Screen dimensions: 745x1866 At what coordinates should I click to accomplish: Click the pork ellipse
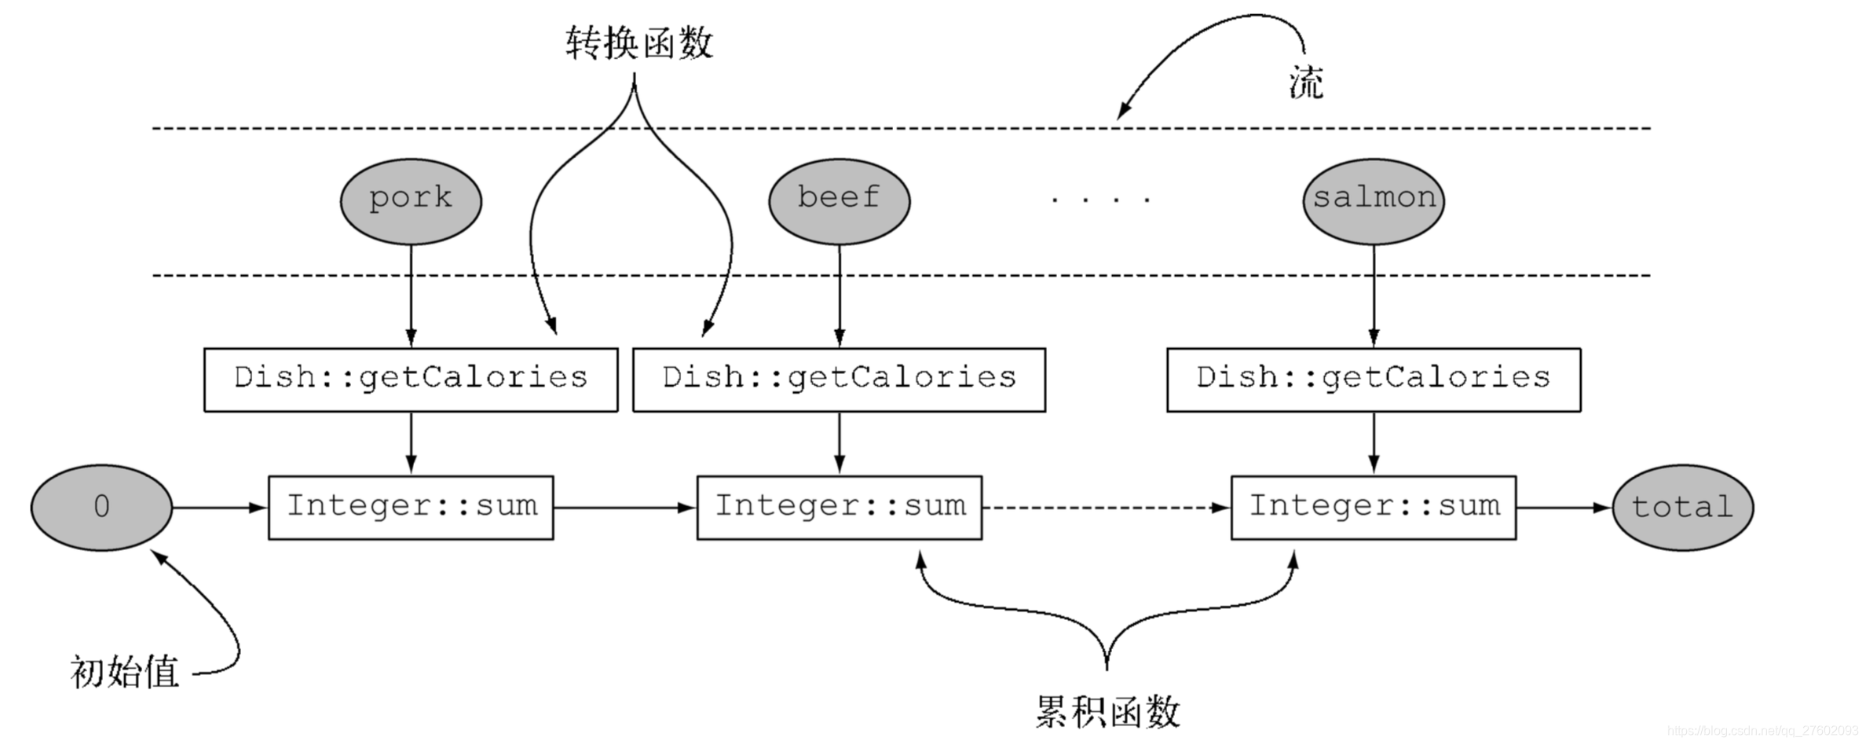click(411, 201)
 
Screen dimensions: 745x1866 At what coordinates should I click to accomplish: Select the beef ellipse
click(839, 201)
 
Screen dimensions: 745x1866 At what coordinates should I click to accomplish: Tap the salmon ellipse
click(1373, 201)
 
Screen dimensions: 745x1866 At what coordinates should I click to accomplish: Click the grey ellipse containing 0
click(101, 508)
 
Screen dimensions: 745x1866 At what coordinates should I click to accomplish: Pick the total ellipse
click(1682, 508)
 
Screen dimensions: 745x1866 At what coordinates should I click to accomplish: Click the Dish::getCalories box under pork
click(411, 380)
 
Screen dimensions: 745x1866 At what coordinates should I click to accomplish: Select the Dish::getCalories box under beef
click(839, 380)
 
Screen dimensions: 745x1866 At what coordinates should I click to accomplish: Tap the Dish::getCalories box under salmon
click(1373, 380)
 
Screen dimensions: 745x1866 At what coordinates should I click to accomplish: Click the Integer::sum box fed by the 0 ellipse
click(411, 508)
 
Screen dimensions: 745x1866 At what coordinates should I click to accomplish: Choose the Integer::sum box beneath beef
click(839, 508)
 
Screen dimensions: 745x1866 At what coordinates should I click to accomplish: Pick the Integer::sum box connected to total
click(1373, 508)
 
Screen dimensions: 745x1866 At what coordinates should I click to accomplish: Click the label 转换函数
click(639, 42)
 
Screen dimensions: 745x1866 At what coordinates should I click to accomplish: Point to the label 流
click(1306, 83)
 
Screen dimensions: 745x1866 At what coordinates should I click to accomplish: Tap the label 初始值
click(125, 673)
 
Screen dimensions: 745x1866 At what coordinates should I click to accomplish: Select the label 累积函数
click(1107, 712)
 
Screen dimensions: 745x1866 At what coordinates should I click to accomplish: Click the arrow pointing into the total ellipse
click(1563, 508)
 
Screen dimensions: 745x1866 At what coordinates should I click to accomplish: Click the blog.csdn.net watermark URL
click(1762, 732)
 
